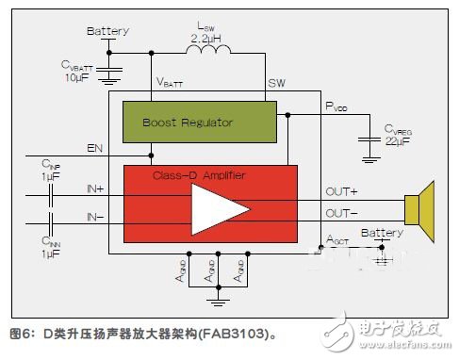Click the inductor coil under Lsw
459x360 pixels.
(205, 54)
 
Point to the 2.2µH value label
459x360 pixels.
(206, 40)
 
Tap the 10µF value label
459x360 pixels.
(77, 76)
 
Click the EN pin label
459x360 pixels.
(94, 148)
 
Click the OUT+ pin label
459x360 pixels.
(341, 190)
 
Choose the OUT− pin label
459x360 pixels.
(341, 214)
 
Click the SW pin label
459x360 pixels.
(276, 82)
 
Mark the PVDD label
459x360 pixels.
(337, 106)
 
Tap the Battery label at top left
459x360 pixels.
(107, 31)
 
